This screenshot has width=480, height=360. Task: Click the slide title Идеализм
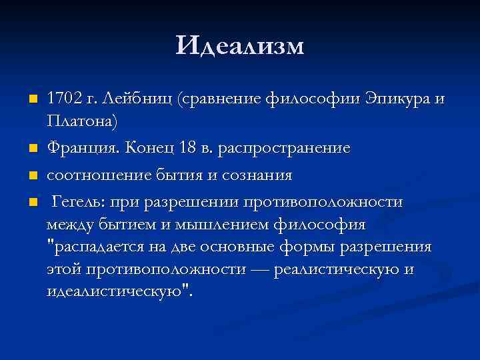(x=240, y=46)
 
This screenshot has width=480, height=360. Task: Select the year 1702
(x=65, y=99)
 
